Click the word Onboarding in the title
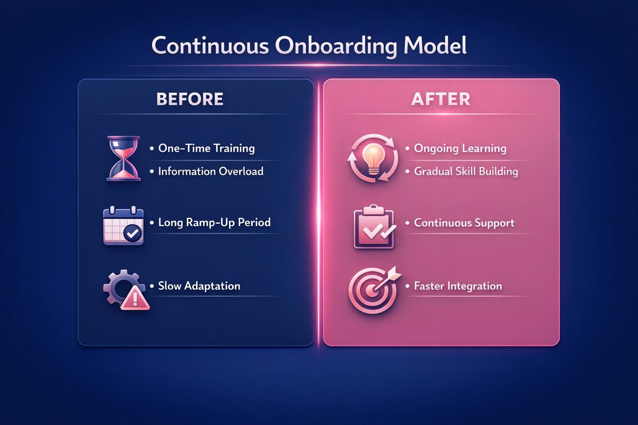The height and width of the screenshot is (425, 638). click(x=335, y=46)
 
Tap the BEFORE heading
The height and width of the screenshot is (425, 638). click(x=190, y=99)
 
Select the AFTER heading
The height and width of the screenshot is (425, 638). click(x=441, y=99)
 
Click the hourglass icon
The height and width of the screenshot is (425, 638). click(x=123, y=159)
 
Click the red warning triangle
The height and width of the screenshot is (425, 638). click(x=135, y=298)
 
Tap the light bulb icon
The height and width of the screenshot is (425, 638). click(x=373, y=159)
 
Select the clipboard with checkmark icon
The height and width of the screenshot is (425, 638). click(x=373, y=227)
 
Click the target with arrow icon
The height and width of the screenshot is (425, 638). click(x=373, y=290)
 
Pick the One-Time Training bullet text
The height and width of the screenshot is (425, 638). click(x=206, y=149)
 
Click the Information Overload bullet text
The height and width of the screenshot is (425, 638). click(x=211, y=171)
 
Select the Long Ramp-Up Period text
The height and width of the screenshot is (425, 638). click(x=214, y=222)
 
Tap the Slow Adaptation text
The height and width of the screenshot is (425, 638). click(x=199, y=286)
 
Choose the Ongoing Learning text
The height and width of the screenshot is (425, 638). click(x=460, y=149)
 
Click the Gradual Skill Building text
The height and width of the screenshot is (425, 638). click(x=466, y=171)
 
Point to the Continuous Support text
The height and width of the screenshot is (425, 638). click(x=464, y=223)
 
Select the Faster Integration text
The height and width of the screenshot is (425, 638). click(x=458, y=286)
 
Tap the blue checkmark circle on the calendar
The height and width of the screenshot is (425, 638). click(x=133, y=234)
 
